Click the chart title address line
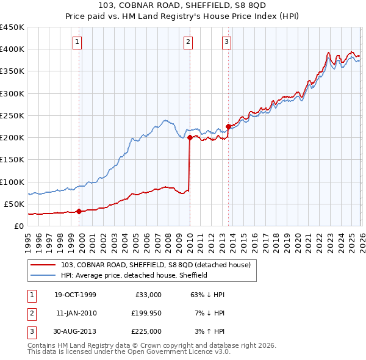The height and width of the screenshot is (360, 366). [182, 7]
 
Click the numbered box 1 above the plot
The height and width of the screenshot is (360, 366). [79, 41]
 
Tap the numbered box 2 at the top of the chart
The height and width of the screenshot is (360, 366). [188, 41]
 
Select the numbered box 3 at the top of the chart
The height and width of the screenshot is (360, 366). [226, 41]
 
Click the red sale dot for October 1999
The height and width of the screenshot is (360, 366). [79, 211]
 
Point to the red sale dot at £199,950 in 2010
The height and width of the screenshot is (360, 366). [190, 138]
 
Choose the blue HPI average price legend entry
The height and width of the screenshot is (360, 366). [134, 275]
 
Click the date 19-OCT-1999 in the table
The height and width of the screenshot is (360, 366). [75, 295]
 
